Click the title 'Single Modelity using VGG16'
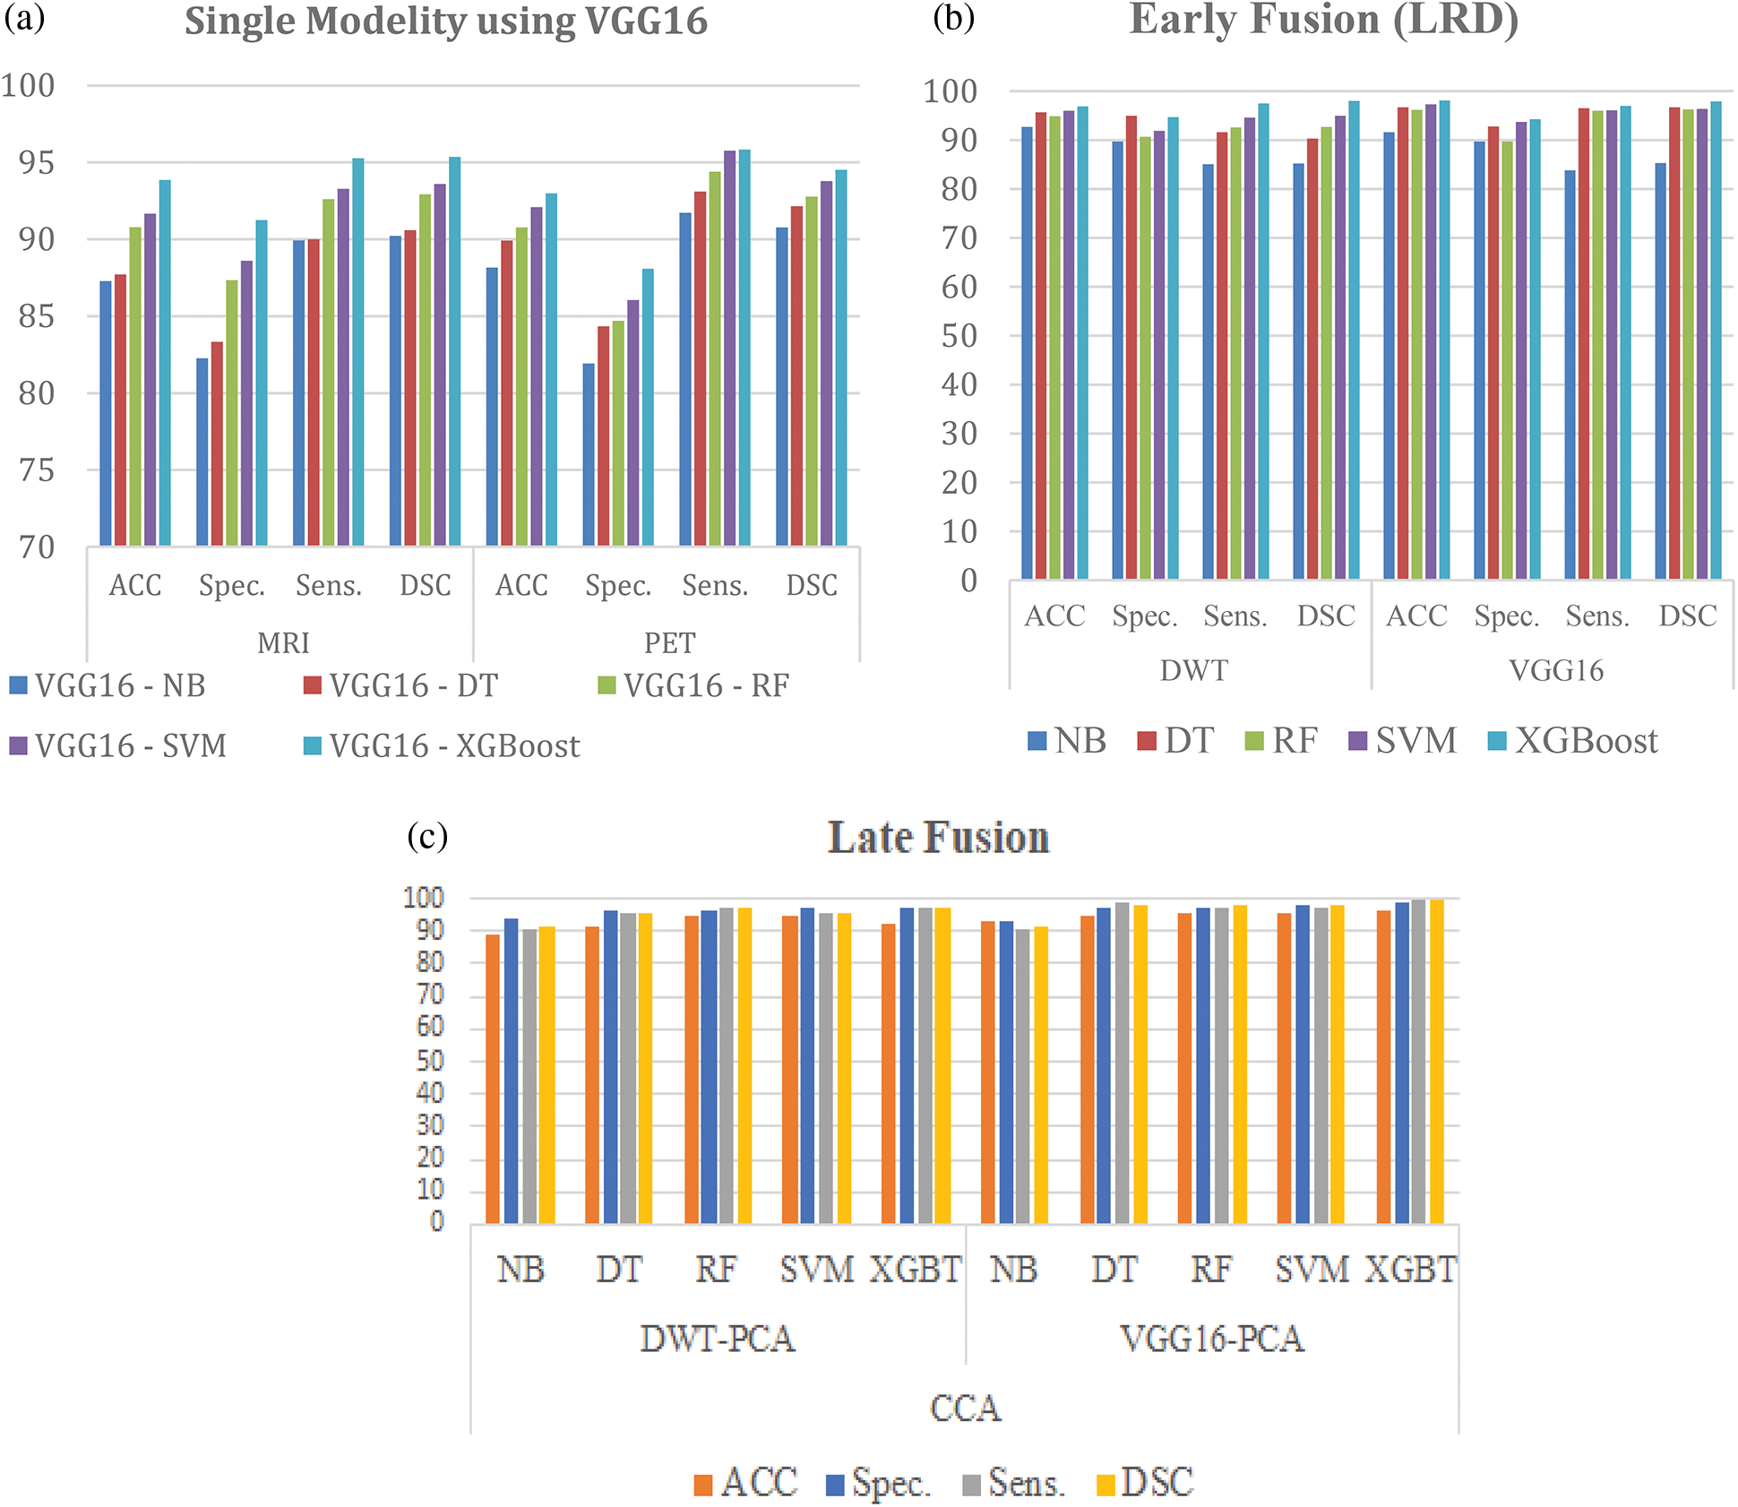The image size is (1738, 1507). coord(445,22)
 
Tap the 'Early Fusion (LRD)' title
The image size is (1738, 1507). coord(1323,20)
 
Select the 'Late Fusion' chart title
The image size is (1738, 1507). coord(938,838)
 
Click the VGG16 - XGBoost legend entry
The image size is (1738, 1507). coord(442,745)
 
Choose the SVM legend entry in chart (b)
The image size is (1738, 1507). coord(1402,741)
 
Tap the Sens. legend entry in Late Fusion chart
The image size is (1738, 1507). coord(1013,1484)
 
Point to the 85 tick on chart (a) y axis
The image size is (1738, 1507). coord(36,316)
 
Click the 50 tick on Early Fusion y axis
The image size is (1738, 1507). coord(959,336)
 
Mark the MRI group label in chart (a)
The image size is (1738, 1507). coord(283,642)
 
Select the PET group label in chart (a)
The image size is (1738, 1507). coord(669,642)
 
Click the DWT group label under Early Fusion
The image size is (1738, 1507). coord(1193,670)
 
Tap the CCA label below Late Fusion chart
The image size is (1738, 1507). coord(965,1408)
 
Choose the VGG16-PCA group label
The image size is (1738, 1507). coord(1211,1339)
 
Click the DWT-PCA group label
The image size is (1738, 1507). coord(717,1339)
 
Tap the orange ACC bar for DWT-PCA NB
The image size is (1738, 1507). coord(493,1079)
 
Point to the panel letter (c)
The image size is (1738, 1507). coord(427,836)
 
